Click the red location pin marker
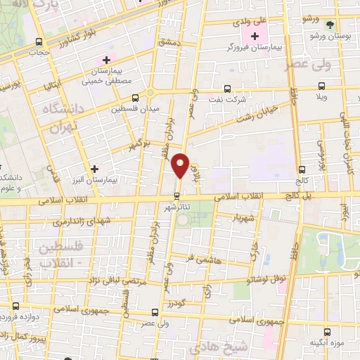pos(181,165)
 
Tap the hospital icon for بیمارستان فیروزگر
pos(255,35)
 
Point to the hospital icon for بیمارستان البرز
pos(95,169)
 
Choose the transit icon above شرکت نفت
pos(226,89)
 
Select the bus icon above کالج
pos(302,169)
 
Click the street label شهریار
pos(245,218)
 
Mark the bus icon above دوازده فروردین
pos(16,306)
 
